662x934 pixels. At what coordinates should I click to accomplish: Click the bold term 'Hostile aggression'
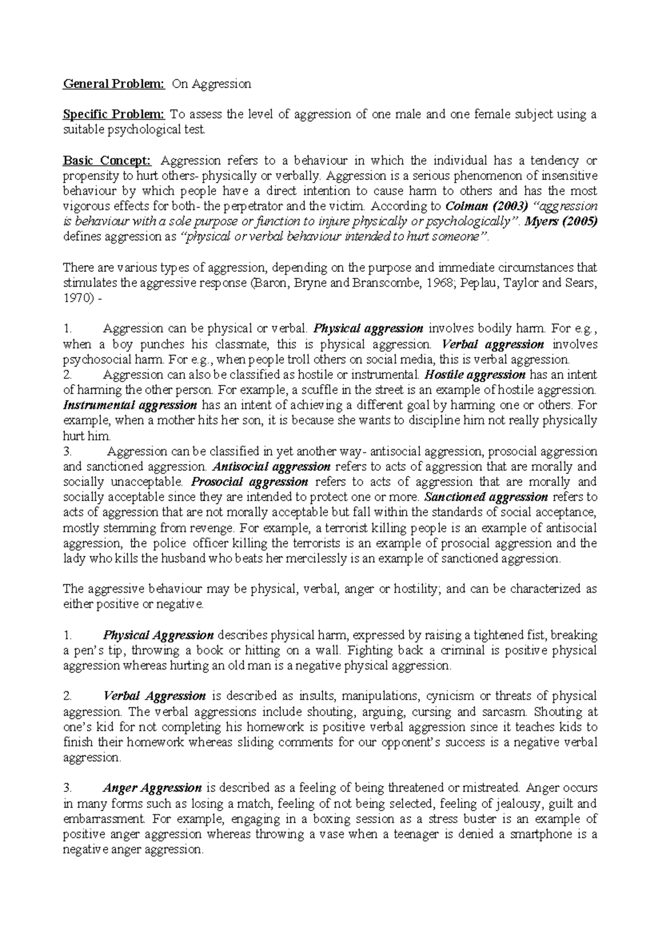click(x=473, y=375)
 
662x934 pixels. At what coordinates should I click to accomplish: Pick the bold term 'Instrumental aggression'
click(x=130, y=405)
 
